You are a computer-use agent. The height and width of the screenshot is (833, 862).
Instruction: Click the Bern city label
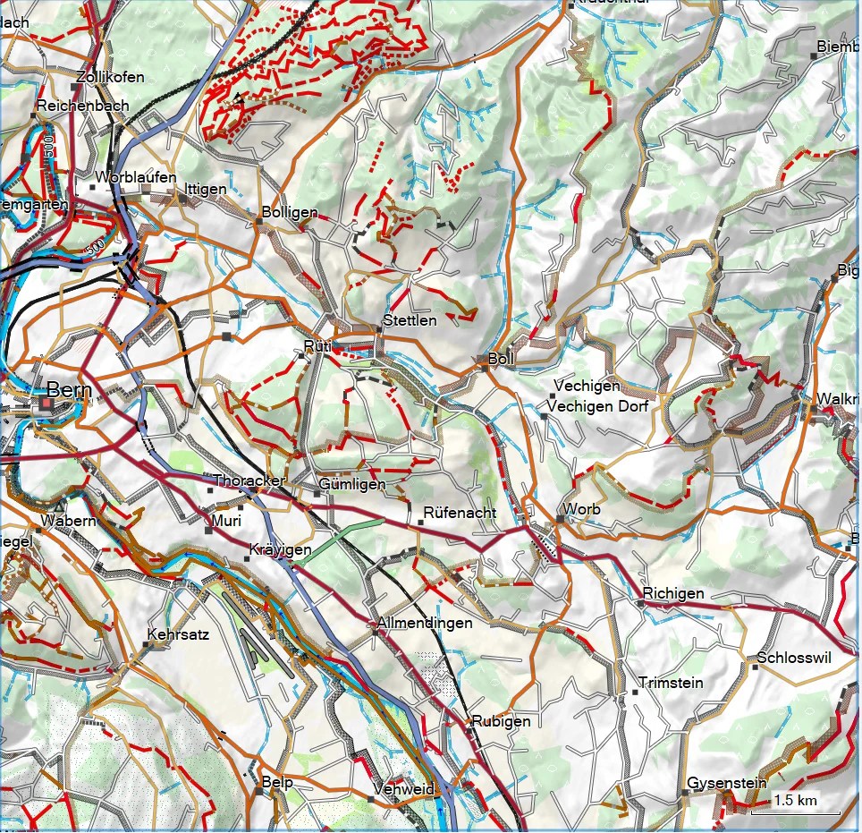coord(68,390)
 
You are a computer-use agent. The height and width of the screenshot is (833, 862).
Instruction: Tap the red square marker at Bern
coord(46,405)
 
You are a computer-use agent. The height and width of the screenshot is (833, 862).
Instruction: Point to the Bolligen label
coord(290,212)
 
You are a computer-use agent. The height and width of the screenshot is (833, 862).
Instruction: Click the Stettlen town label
coord(410,319)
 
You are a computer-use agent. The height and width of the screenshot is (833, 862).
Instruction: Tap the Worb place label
coord(582,509)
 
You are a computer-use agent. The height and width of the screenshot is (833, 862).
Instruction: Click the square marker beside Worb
coord(561,518)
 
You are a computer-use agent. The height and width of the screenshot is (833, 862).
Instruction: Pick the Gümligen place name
coord(351,484)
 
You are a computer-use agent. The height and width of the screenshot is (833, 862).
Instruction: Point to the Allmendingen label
coord(425,622)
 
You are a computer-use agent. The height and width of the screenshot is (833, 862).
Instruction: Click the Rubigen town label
coord(501,720)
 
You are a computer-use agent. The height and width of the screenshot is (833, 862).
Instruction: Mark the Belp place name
coord(277,781)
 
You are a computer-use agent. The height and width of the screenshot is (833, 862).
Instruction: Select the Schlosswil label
coord(793,658)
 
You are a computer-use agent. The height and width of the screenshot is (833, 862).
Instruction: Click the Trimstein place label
coord(671,683)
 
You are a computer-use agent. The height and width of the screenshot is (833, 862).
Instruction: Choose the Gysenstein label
coord(726,783)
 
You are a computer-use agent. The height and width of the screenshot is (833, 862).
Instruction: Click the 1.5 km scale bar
coord(795,806)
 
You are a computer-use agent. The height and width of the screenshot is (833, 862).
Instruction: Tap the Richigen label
coord(673,593)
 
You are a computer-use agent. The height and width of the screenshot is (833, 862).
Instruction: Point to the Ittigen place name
coord(205,189)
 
